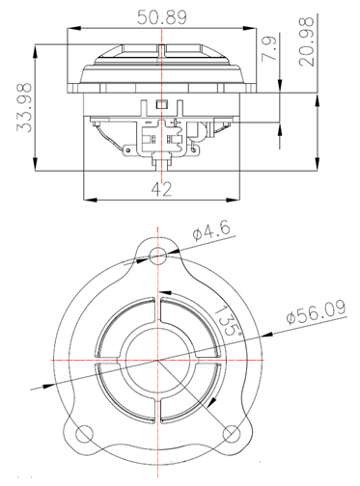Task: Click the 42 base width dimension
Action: click(161, 189)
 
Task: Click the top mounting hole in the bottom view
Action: click(158, 255)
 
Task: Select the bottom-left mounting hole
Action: click(83, 431)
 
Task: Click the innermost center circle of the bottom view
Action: click(158, 358)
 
